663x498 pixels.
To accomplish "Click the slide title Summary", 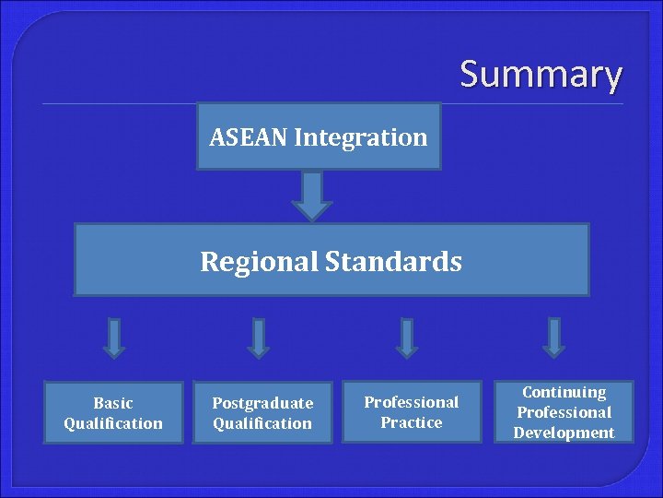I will coord(541,74).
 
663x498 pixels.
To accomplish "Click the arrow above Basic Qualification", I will coord(113,338).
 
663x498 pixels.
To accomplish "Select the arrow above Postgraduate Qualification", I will coord(259,338).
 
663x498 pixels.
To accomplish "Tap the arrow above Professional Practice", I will coord(407,338).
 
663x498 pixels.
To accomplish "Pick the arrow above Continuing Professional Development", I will coord(553,338).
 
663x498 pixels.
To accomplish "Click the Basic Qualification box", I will coord(113,412).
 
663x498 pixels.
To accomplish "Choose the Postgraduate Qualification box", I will coord(262,412).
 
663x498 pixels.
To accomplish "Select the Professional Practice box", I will coord(411,411).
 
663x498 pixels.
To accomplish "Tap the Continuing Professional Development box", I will coord(564,411).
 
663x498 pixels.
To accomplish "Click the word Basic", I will coord(113,403).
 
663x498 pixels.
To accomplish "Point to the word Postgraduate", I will coord(262,403).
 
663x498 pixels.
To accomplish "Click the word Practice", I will coord(412,422).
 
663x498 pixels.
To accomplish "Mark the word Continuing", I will coord(564,392).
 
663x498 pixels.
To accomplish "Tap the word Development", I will coord(564,433).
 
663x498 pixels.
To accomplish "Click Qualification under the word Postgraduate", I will coord(262,423).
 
